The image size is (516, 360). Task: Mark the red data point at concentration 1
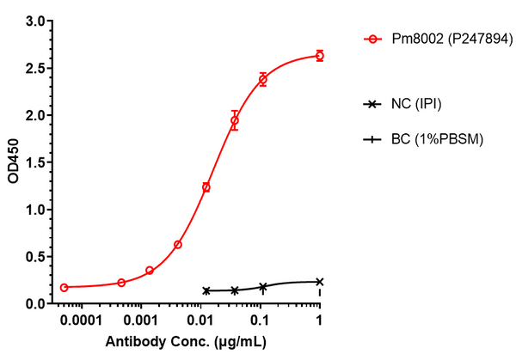pyautogui.click(x=320, y=56)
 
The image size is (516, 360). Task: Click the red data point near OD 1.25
pyautogui.click(x=206, y=186)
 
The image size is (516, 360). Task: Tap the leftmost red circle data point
pyautogui.click(x=64, y=287)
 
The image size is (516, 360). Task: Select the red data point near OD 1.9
pyautogui.click(x=234, y=121)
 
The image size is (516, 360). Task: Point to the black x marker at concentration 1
pyautogui.click(x=320, y=282)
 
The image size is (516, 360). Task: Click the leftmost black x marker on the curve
pyautogui.click(x=206, y=290)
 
